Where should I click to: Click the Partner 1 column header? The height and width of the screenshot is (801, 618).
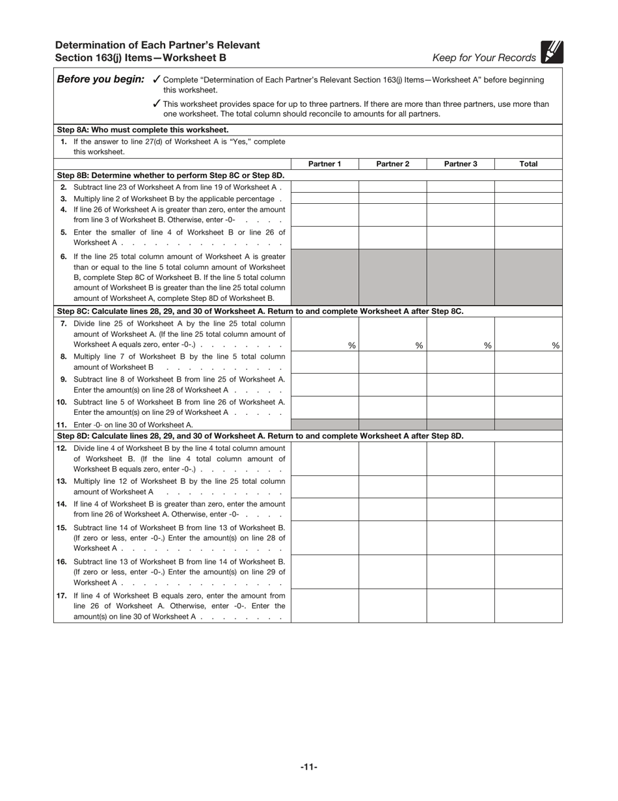325,164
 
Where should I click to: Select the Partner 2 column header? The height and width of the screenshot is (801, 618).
392,164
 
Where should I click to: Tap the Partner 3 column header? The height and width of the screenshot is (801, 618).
461,164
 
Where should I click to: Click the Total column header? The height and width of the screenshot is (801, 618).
528,164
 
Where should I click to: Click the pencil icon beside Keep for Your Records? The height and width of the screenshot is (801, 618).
552,52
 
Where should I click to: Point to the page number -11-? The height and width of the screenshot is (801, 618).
309,767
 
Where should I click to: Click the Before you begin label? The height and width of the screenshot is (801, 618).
101,79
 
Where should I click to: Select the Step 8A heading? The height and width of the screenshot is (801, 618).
143,130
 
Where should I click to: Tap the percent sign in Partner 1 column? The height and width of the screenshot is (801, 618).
351,346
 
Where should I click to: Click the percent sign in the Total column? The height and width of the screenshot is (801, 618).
556,346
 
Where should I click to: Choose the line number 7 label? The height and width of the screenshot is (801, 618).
63,324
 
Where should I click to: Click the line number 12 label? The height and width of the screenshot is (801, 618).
62,448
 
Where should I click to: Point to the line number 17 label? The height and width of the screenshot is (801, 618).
62,595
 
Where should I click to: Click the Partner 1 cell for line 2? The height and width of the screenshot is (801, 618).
325,187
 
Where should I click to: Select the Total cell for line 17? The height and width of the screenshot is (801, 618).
528,606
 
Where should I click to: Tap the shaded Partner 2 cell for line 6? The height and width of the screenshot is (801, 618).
392,277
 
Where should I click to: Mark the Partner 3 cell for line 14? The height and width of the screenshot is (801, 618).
461,509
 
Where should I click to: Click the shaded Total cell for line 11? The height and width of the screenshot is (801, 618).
528,425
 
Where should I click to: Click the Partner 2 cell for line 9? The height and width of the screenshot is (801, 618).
392,384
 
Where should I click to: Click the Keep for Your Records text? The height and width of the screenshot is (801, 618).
484,58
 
